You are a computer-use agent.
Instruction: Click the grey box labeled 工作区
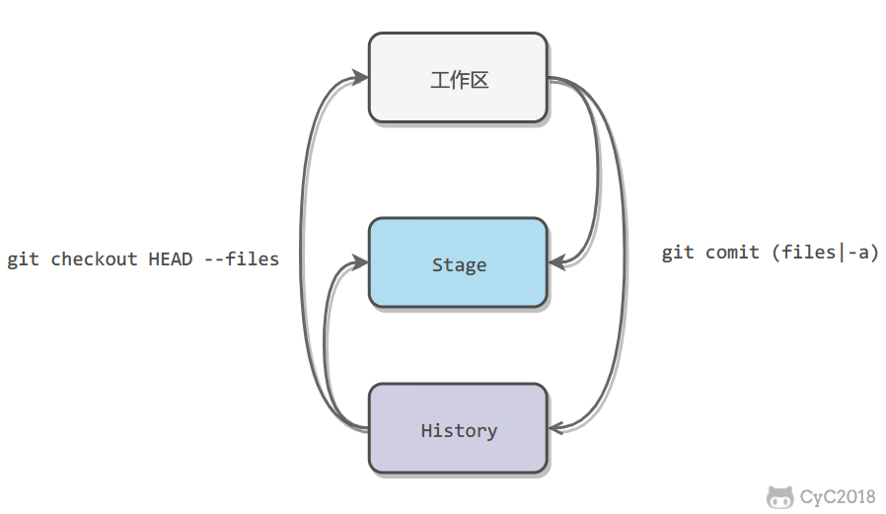click(x=458, y=77)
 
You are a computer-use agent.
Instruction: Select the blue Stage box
click(x=458, y=262)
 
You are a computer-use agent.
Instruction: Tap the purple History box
click(x=458, y=429)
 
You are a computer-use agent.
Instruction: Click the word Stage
click(x=459, y=265)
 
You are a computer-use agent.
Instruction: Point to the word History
click(x=459, y=431)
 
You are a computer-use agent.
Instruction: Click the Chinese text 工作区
click(x=460, y=80)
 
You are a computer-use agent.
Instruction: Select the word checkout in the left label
click(x=94, y=258)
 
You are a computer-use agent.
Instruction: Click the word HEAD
click(x=171, y=258)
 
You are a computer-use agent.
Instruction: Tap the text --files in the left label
click(x=242, y=258)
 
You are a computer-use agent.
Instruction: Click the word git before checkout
click(x=23, y=259)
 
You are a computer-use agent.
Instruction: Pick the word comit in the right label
click(x=732, y=252)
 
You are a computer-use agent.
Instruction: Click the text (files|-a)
click(x=826, y=252)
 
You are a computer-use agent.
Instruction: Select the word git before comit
click(x=678, y=253)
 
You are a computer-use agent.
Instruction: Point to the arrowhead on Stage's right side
click(x=556, y=262)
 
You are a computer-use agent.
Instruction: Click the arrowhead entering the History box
click(x=556, y=428)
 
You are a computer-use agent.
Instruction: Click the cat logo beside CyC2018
click(x=779, y=497)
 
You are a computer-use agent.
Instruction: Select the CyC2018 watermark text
click(x=838, y=497)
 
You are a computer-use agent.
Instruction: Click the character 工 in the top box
click(x=440, y=80)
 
